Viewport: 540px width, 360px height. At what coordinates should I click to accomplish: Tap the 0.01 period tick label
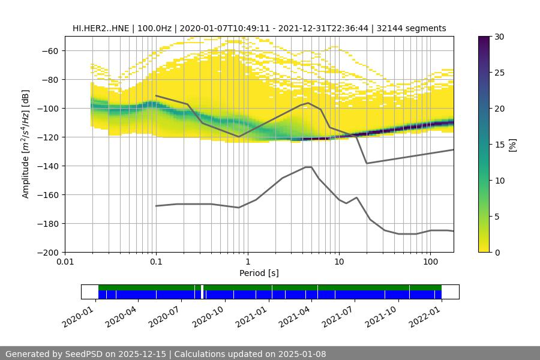[65, 262]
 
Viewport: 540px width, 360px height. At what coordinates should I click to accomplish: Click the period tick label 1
[247, 262]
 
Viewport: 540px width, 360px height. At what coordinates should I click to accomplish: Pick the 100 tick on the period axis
[430, 262]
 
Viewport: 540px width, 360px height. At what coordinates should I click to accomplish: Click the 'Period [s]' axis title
[259, 273]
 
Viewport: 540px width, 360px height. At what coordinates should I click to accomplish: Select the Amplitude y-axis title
[26, 145]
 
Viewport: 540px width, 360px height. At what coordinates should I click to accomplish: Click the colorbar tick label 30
[499, 37]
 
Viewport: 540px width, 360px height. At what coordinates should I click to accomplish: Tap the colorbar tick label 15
[499, 145]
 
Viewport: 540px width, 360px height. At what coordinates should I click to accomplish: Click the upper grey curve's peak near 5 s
[308, 103]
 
